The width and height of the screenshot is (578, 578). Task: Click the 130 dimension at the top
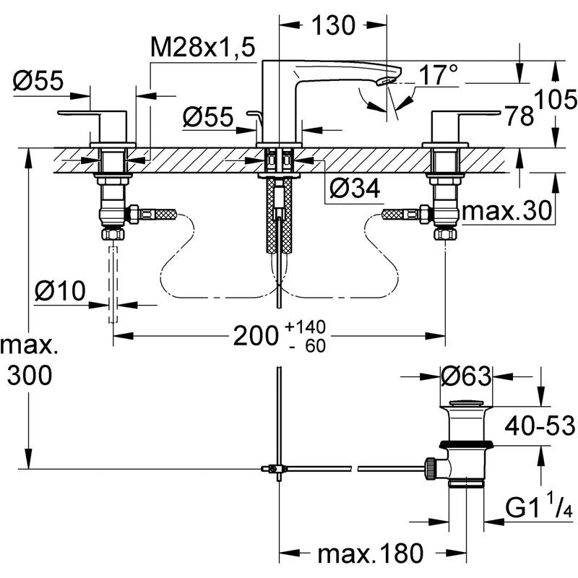click(333, 25)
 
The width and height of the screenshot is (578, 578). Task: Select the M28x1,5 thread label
click(203, 48)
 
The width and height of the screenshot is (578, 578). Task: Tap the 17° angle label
click(439, 75)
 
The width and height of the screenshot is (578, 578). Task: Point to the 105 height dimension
click(556, 99)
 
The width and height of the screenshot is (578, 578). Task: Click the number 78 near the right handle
click(519, 116)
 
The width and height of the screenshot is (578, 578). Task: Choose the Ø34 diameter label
click(355, 189)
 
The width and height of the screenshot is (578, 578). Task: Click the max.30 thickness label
click(506, 212)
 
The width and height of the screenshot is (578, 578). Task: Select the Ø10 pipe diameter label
click(60, 291)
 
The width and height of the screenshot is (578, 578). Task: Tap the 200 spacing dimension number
click(255, 336)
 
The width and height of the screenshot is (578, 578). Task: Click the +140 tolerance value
click(305, 327)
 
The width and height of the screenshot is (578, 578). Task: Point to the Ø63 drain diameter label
click(466, 376)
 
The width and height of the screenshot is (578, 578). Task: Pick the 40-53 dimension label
click(540, 426)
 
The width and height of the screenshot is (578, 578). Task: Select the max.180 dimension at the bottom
click(371, 553)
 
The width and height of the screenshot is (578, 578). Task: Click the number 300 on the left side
click(30, 376)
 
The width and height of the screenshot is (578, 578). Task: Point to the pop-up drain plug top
click(466, 402)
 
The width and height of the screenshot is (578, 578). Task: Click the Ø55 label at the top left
click(38, 81)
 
